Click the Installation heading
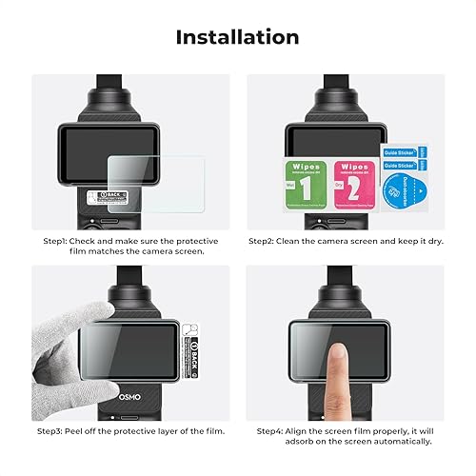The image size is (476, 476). click(x=237, y=37)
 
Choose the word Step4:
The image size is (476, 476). click(x=273, y=430)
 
